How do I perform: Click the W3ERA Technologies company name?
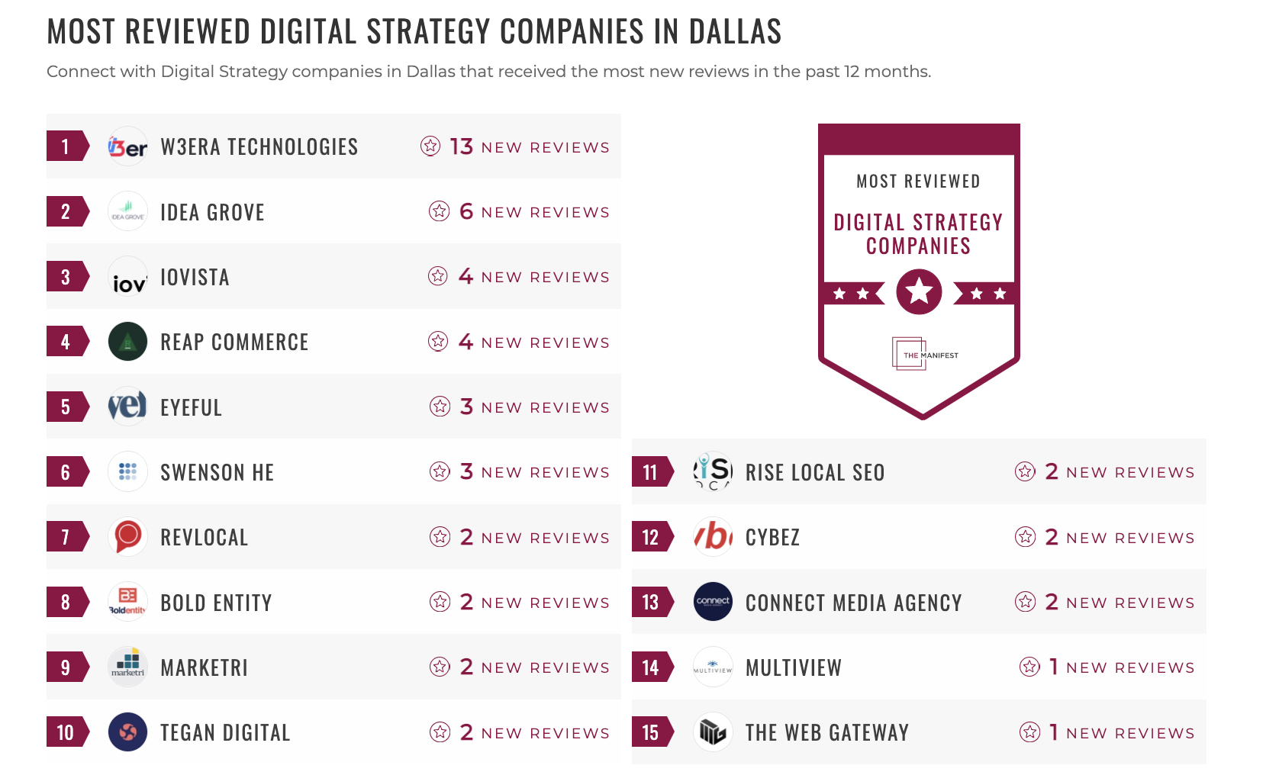point(259,146)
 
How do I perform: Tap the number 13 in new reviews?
point(461,146)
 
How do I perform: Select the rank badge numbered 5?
point(66,407)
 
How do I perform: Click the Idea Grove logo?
point(127,211)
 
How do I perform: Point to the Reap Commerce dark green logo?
point(127,342)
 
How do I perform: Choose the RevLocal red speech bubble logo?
point(127,537)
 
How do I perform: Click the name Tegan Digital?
point(225,733)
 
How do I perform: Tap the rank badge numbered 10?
point(66,733)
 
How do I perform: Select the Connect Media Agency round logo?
point(713,602)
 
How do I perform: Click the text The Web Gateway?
point(826,733)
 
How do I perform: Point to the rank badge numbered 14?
point(651,667)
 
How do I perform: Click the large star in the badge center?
point(919,291)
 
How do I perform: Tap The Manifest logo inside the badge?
point(924,355)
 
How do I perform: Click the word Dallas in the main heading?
point(735,32)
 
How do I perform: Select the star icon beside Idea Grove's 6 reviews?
point(439,211)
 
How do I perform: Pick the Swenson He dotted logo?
point(127,472)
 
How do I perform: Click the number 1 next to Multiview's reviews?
point(1054,667)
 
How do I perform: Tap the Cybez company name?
point(772,538)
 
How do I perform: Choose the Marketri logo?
point(127,667)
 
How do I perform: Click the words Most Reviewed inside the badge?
point(918,182)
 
